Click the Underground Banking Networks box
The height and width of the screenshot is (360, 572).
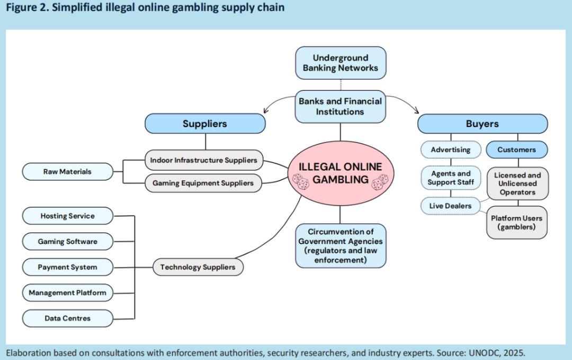click(x=341, y=63)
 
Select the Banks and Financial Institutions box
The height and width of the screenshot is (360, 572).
click(x=340, y=106)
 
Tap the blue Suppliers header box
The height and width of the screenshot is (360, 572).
click(x=204, y=124)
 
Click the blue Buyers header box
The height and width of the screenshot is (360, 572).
click(x=482, y=124)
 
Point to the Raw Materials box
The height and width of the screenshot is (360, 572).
click(x=67, y=172)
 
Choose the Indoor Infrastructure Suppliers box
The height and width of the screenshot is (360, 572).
click(x=203, y=160)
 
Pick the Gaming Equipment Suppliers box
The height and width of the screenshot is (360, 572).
click(x=203, y=183)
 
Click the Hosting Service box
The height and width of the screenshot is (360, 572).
click(x=67, y=216)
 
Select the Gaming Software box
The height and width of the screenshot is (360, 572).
click(x=67, y=241)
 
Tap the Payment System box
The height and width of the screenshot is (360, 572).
click(x=67, y=267)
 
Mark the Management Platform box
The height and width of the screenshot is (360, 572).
click(x=67, y=293)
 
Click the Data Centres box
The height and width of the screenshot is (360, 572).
click(x=67, y=318)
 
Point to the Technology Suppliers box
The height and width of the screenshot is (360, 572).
click(x=198, y=267)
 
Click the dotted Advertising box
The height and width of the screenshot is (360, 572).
click(x=450, y=150)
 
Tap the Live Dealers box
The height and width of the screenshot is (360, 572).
click(x=450, y=205)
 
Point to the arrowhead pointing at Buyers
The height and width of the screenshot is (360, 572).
click(x=416, y=111)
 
